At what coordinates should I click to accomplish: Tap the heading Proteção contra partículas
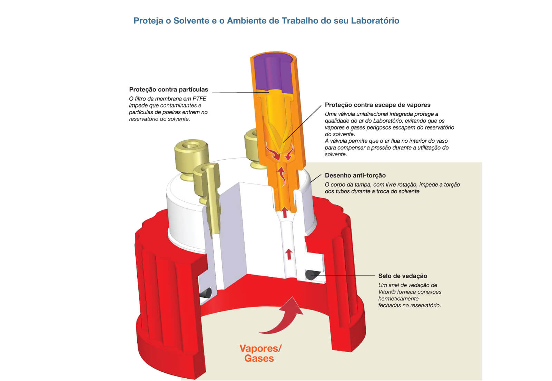169,89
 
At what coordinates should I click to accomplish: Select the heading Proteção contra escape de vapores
377,105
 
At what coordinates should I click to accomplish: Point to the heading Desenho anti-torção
355,175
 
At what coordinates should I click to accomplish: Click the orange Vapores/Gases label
260,353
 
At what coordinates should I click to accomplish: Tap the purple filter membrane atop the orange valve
274,74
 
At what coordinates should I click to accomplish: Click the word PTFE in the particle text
199,99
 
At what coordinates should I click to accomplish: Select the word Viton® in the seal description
387,292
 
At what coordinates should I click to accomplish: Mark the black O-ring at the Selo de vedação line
312,275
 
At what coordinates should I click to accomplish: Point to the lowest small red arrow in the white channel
288,254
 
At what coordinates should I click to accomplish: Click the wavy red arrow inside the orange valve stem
282,175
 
